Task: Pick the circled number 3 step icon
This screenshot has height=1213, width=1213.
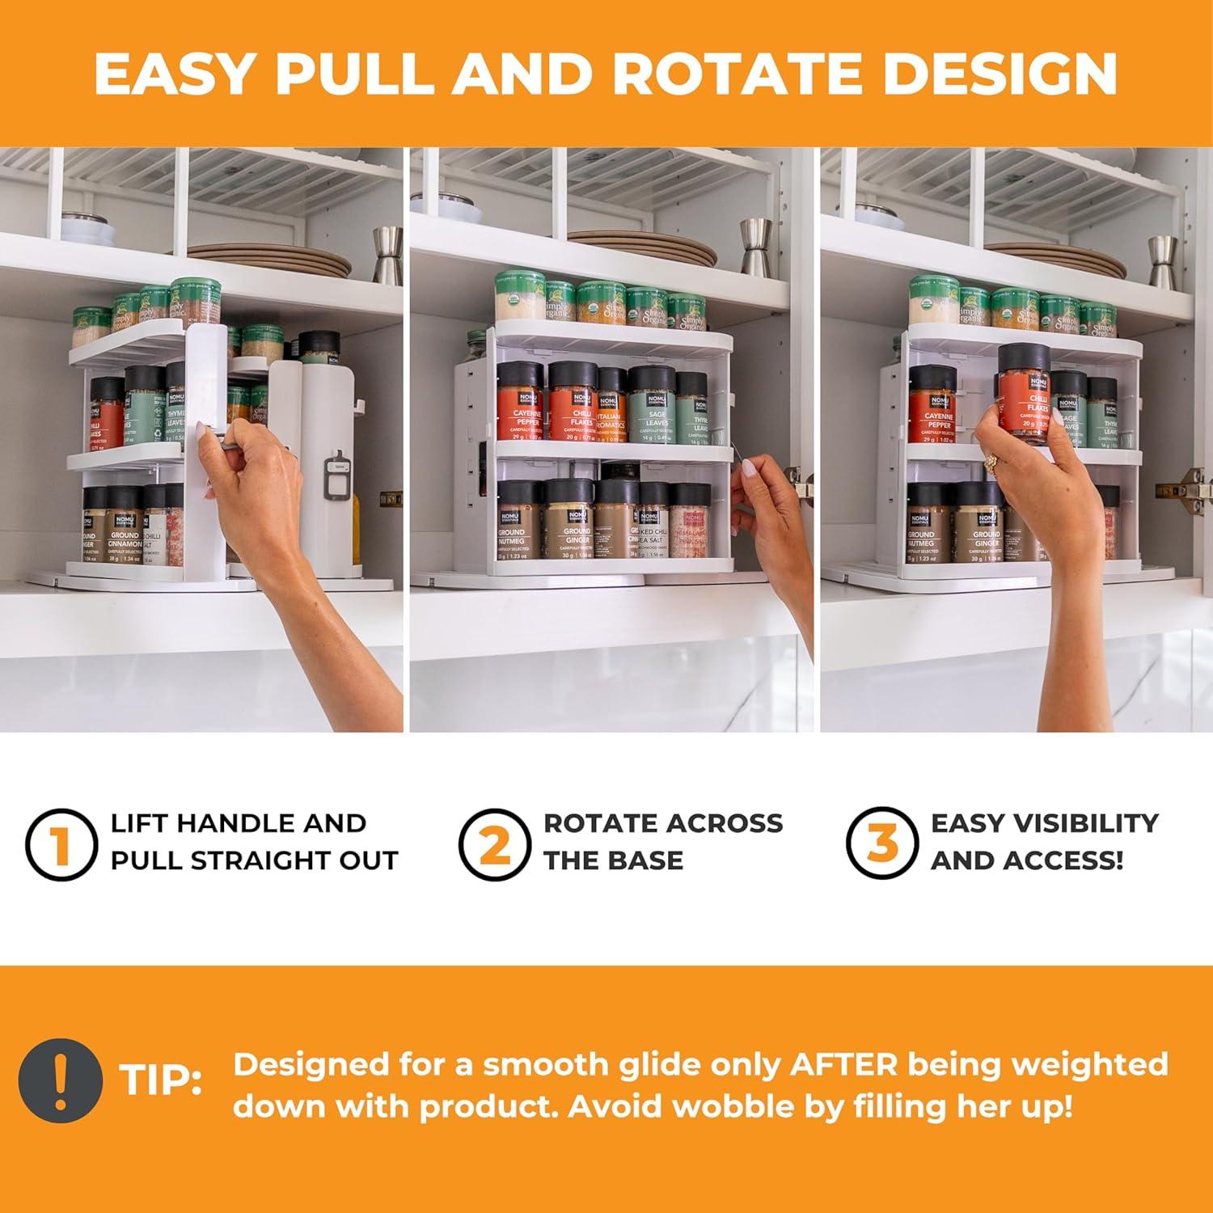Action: [881, 842]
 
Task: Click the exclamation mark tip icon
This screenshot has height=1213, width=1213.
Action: [61, 1080]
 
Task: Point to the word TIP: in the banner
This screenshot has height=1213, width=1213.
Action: [162, 1080]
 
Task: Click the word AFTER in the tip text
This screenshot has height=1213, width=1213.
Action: [843, 1064]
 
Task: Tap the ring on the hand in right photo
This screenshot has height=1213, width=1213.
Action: [991, 463]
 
